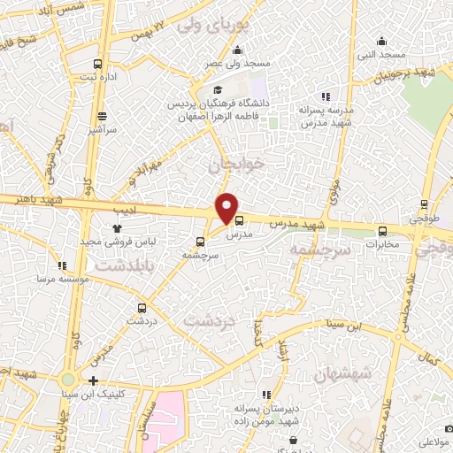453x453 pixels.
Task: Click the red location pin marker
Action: (x=227, y=208)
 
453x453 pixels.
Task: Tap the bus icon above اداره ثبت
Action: (x=97, y=64)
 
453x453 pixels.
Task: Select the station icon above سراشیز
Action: (x=102, y=116)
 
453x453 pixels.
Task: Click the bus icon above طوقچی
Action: (x=425, y=203)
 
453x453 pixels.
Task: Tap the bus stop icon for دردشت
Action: (x=142, y=308)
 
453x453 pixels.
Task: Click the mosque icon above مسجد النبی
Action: (x=381, y=41)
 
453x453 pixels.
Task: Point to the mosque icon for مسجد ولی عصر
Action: (x=237, y=50)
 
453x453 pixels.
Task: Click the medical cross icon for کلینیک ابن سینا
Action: (x=94, y=380)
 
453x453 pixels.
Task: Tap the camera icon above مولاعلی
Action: (x=449, y=427)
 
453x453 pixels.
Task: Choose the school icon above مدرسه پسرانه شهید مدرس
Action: (x=326, y=96)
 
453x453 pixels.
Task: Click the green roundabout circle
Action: (x=67, y=380)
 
